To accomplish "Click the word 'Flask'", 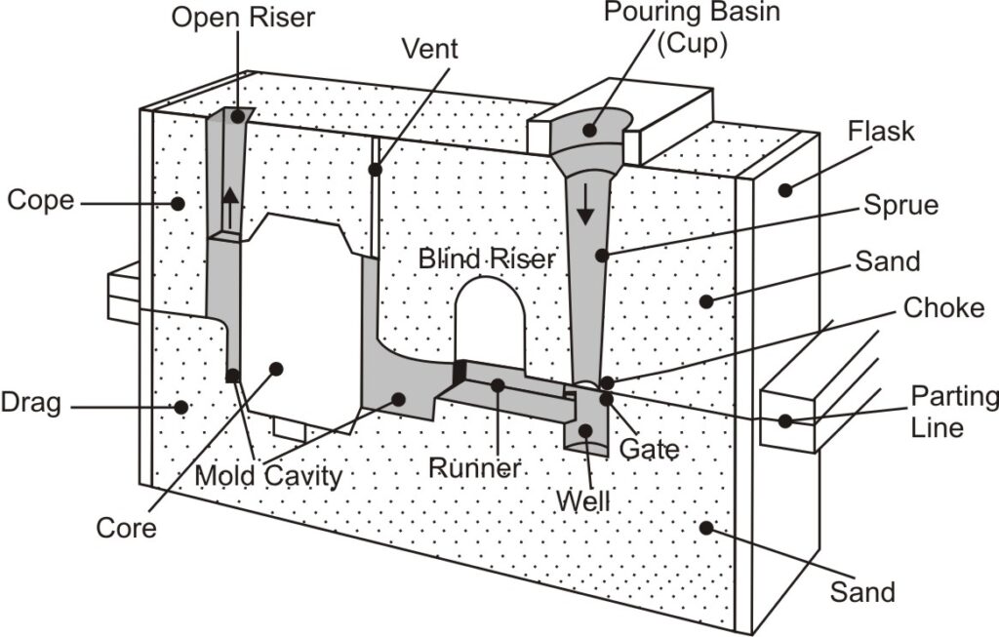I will tap(881, 130).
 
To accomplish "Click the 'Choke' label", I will tap(943, 308).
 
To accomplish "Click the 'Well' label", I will tap(582, 501).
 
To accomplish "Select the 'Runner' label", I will tap(474, 467).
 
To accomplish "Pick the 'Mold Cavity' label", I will tap(268, 477).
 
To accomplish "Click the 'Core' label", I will tap(126, 528).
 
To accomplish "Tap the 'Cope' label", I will tap(40, 200).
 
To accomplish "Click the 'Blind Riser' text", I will tap(487, 259).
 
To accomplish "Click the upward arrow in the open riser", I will tap(230, 208).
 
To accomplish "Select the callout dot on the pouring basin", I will tap(591, 130).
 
